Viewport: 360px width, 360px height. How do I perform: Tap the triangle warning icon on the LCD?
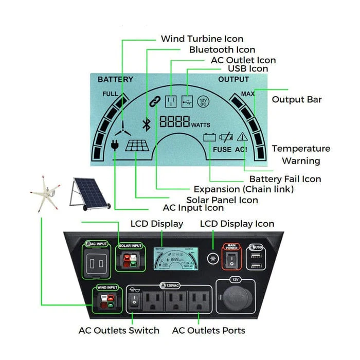tap(242, 137)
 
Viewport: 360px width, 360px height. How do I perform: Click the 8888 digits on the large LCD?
tap(174, 123)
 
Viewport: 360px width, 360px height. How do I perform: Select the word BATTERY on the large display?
tap(115, 80)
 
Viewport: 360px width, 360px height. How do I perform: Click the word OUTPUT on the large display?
tap(233, 80)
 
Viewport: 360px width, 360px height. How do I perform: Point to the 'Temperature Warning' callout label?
tap(301, 154)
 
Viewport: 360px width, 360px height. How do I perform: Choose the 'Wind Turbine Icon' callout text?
tap(202, 39)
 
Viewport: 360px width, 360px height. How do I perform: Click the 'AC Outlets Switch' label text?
tap(119, 330)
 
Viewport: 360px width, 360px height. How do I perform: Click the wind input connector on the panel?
tap(107, 301)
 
